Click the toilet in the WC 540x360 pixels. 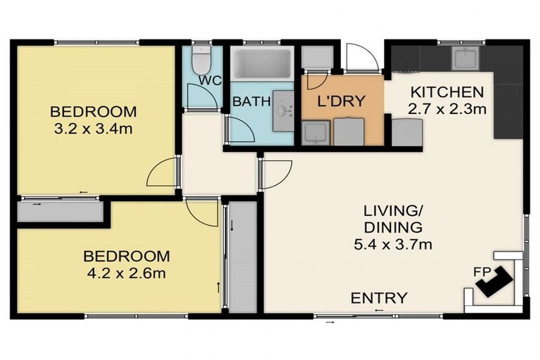tap(201, 60)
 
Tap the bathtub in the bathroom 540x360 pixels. tap(262, 64)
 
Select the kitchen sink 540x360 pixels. tap(465, 58)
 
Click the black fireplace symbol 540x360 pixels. tap(494, 281)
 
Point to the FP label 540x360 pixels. tap(482, 272)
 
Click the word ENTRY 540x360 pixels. tap(379, 298)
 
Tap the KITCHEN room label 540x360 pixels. tap(447, 92)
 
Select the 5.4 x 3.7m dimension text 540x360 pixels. tap(393, 245)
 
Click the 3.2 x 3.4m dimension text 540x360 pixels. tap(94, 129)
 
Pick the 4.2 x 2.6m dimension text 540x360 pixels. tap(127, 274)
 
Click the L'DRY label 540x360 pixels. tap(340, 101)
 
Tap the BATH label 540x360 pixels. tap(252, 102)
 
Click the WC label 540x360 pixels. tap(210, 81)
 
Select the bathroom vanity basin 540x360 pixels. tap(283, 111)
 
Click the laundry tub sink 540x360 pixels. tap(316, 133)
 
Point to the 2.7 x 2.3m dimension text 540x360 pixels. tap(447, 109)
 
